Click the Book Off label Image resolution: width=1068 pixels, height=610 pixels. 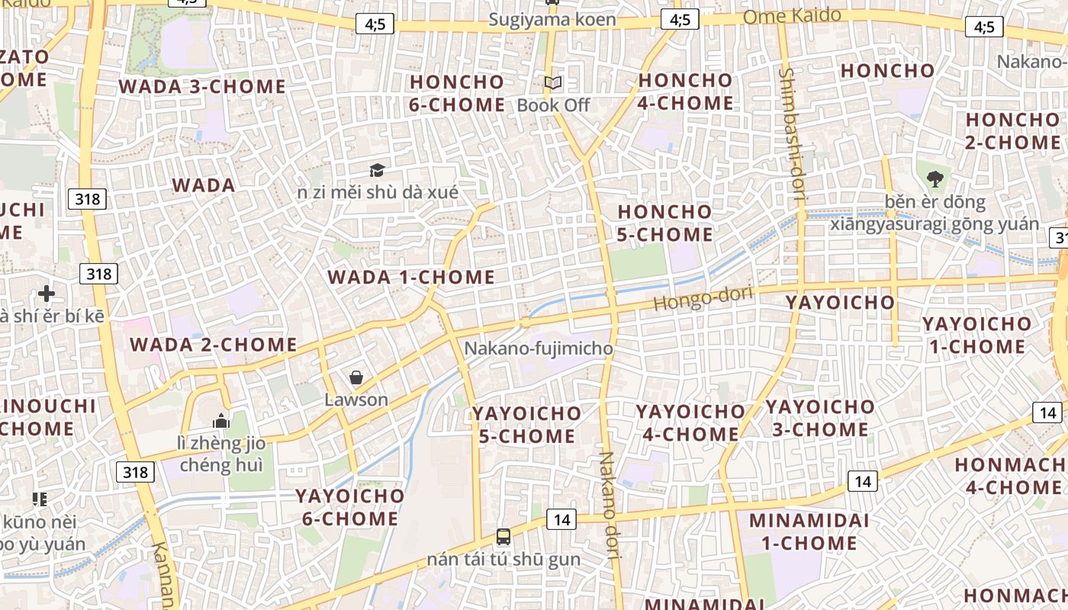click(x=553, y=105)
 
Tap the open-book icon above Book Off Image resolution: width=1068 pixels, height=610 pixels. click(x=553, y=82)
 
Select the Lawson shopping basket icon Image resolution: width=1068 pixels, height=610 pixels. click(x=355, y=377)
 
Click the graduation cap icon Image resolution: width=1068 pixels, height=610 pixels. click(x=377, y=170)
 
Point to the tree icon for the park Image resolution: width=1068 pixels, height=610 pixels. click(x=934, y=180)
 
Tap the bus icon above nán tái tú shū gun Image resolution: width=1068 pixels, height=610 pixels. click(x=503, y=536)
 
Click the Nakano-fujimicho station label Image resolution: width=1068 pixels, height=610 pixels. click(x=539, y=348)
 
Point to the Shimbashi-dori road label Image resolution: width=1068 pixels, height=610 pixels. click(x=792, y=133)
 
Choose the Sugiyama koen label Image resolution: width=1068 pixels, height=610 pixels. click(x=552, y=20)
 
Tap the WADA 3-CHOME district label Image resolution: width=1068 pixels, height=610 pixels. click(x=202, y=86)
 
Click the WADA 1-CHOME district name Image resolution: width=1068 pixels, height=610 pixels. click(x=411, y=277)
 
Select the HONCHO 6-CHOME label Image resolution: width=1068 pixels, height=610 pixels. click(x=457, y=93)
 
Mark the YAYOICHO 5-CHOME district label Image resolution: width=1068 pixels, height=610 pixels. click(x=526, y=425)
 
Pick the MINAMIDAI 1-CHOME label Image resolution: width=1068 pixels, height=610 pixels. click(x=803, y=531)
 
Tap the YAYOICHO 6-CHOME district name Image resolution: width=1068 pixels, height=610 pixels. click(x=349, y=507)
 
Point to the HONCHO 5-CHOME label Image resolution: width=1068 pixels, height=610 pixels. click(x=664, y=223)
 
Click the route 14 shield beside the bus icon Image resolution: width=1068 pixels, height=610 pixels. click(x=561, y=520)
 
